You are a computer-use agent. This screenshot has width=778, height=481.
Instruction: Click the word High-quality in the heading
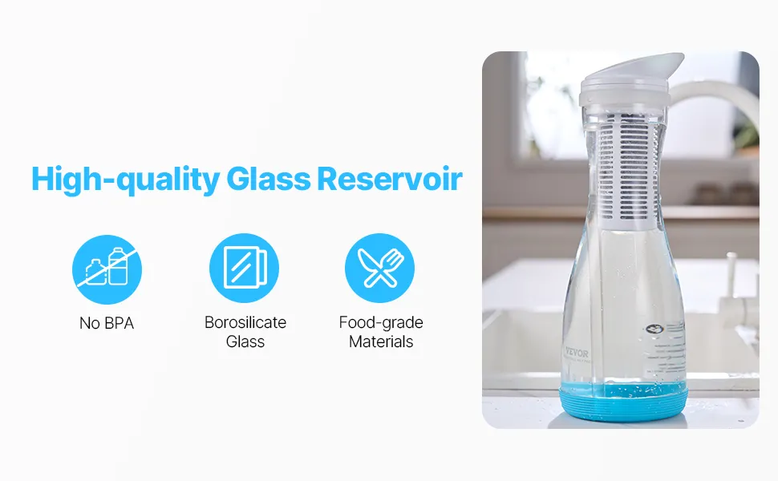tap(126, 180)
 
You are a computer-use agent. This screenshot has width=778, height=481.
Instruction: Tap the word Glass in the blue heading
tap(268, 179)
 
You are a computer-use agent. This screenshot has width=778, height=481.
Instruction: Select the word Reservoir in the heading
tap(390, 179)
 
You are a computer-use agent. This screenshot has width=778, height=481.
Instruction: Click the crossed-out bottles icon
tap(107, 269)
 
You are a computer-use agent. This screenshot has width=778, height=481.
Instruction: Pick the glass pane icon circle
tap(244, 269)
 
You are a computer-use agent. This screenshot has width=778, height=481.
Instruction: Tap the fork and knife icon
tap(380, 269)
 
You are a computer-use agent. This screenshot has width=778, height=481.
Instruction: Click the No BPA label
tap(107, 323)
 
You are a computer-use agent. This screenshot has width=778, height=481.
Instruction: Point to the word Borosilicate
tap(245, 322)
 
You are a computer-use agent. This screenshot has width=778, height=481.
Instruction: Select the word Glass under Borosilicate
tap(245, 342)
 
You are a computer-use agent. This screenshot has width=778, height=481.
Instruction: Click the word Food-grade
tap(381, 323)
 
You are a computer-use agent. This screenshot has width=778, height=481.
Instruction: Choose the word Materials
tap(381, 342)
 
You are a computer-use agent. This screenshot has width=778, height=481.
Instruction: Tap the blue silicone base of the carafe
tap(624, 402)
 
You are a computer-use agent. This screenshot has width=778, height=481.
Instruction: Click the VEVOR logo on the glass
tap(577, 354)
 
